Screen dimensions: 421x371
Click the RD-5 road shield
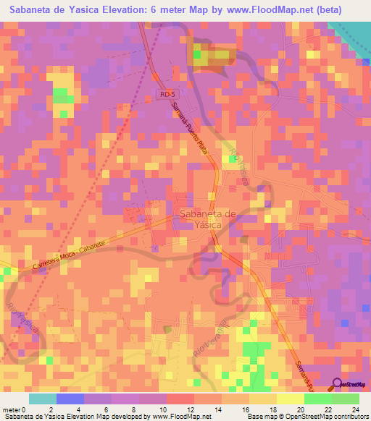[169, 95]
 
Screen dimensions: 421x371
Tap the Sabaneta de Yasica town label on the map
[207, 218]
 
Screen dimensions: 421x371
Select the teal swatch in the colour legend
[43, 399]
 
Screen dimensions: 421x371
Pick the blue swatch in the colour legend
[70, 399]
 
